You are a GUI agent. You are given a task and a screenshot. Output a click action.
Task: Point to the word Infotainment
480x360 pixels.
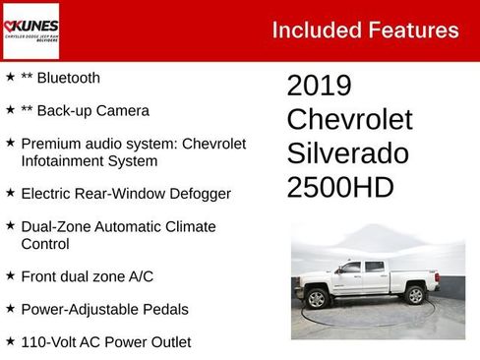tap(65, 160)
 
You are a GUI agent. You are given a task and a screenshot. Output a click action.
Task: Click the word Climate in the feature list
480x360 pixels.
tap(188, 227)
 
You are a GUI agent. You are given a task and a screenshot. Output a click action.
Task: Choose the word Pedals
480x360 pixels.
tap(163, 309)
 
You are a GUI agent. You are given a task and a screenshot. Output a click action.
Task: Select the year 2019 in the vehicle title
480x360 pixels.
tap(319, 86)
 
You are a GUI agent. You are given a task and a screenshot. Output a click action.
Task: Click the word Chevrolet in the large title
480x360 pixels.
tap(349, 120)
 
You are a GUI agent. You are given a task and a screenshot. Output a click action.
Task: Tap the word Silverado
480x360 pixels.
tap(347, 153)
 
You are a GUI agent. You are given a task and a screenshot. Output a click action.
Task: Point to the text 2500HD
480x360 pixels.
tap(339, 187)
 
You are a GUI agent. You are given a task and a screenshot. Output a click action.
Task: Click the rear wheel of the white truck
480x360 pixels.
tap(415, 293)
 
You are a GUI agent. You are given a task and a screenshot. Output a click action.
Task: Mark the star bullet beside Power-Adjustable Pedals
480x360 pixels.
tap(10, 309)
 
